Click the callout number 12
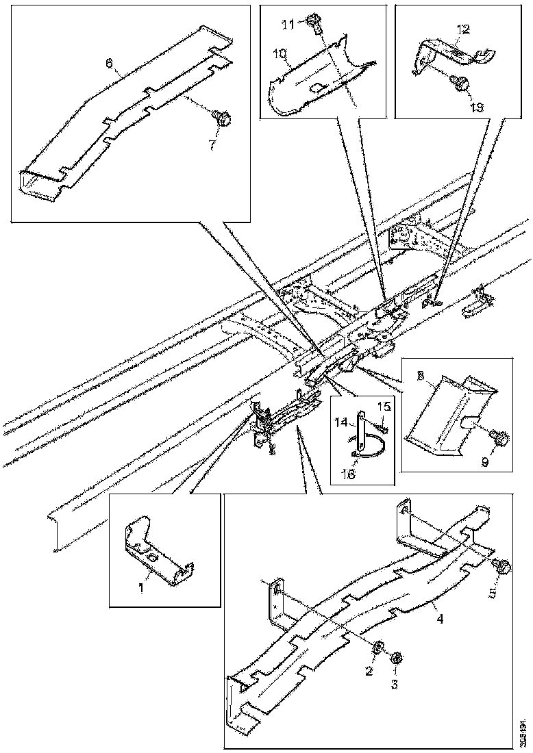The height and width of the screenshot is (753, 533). point(463,29)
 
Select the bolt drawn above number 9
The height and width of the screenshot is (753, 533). point(499,435)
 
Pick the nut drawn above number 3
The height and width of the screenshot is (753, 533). point(395,657)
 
